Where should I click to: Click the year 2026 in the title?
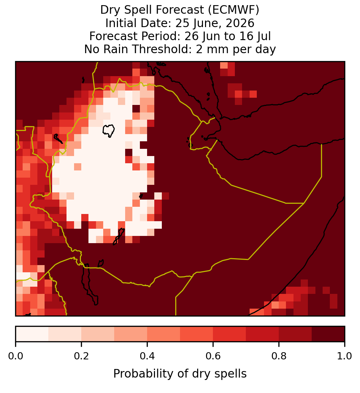pos(240,23)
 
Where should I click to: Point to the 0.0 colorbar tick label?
pos(15,356)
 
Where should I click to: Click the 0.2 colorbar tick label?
pos(81,356)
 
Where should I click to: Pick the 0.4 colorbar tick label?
pos(147,356)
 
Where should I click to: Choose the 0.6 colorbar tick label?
pos(213,356)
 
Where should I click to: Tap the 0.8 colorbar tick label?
pos(279,356)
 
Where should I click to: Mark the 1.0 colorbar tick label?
pos(345,356)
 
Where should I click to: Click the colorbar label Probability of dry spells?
pos(180,374)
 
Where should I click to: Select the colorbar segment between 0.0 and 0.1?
pos(32,334)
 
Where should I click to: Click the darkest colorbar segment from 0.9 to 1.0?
pos(328,334)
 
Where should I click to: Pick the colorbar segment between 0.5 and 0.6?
pos(196,334)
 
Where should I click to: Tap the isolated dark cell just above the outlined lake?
pos(136,109)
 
